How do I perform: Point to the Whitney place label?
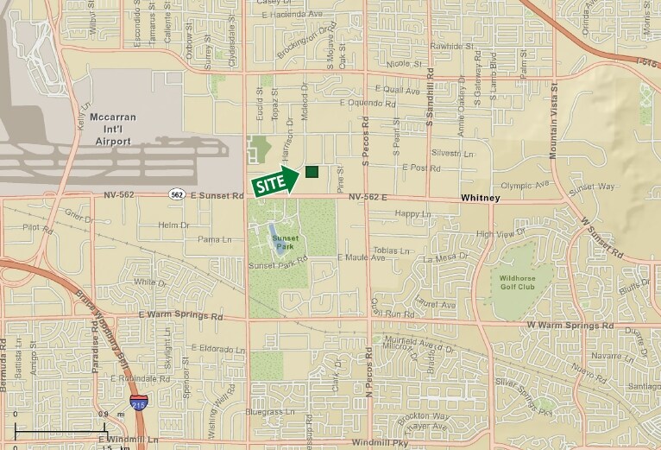pyautogui.click(x=481, y=198)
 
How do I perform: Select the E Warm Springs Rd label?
pyautogui.click(x=178, y=316)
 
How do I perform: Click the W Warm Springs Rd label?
pyautogui.click(x=570, y=326)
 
